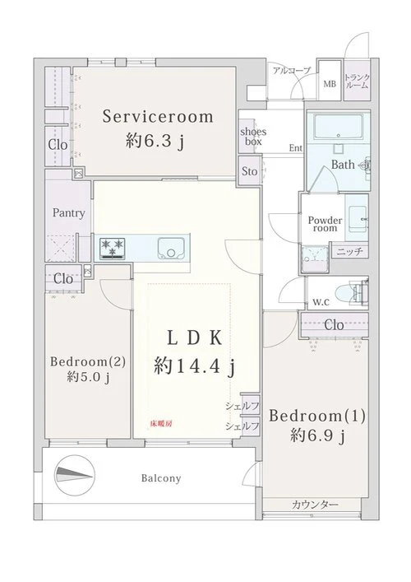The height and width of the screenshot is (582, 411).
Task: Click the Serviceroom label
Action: [158, 117]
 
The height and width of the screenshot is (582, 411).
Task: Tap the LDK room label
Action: [195, 338]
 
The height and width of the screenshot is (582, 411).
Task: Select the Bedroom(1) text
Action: [317, 416]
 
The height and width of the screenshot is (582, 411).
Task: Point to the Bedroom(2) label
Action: [88, 361]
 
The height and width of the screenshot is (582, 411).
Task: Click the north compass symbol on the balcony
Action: [75, 475]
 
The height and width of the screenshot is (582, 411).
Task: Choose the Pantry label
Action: [68, 213]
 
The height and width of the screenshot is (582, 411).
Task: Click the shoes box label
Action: [253, 136]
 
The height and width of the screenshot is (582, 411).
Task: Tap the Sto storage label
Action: [249, 171]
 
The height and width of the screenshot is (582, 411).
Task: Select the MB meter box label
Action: [330, 84]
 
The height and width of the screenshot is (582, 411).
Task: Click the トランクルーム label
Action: [357, 81]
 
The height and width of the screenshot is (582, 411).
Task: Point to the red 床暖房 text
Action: [161, 423]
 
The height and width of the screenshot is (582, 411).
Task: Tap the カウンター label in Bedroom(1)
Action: [315, 505]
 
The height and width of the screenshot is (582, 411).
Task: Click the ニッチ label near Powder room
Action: [349, 252]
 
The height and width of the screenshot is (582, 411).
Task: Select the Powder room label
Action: [325, 224]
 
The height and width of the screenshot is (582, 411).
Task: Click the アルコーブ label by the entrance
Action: [291, 70]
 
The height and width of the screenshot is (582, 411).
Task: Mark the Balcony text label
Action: [161, 478]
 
